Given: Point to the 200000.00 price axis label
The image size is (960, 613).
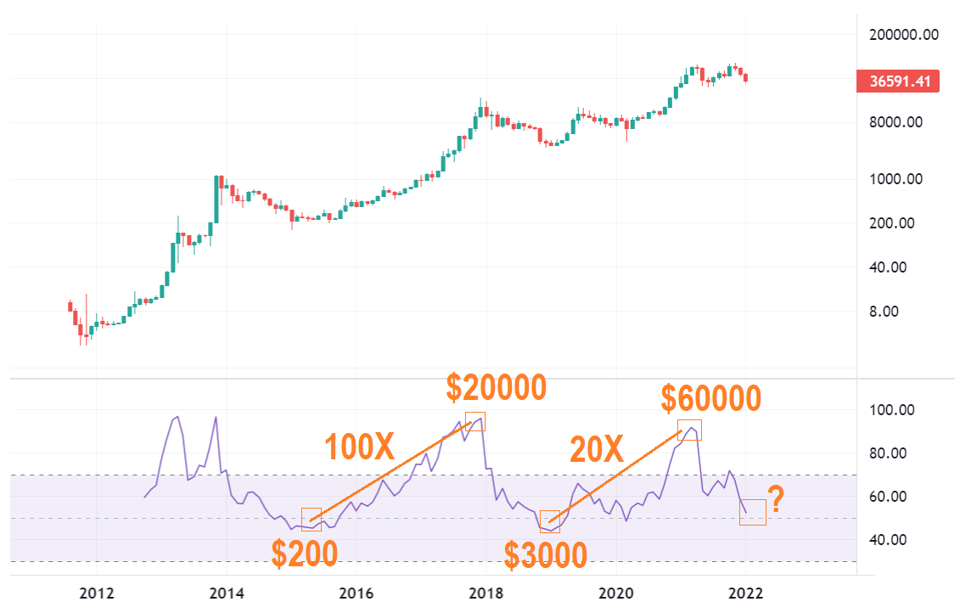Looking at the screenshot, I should [x=902, y=35].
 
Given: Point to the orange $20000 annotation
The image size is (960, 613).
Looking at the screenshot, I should [x=497, y=388].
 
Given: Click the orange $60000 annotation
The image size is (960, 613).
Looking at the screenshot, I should [x=711, y=397].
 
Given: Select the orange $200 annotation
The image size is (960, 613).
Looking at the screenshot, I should [x=304, y=553].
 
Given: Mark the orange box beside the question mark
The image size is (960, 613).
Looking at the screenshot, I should [x=752, y=512].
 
